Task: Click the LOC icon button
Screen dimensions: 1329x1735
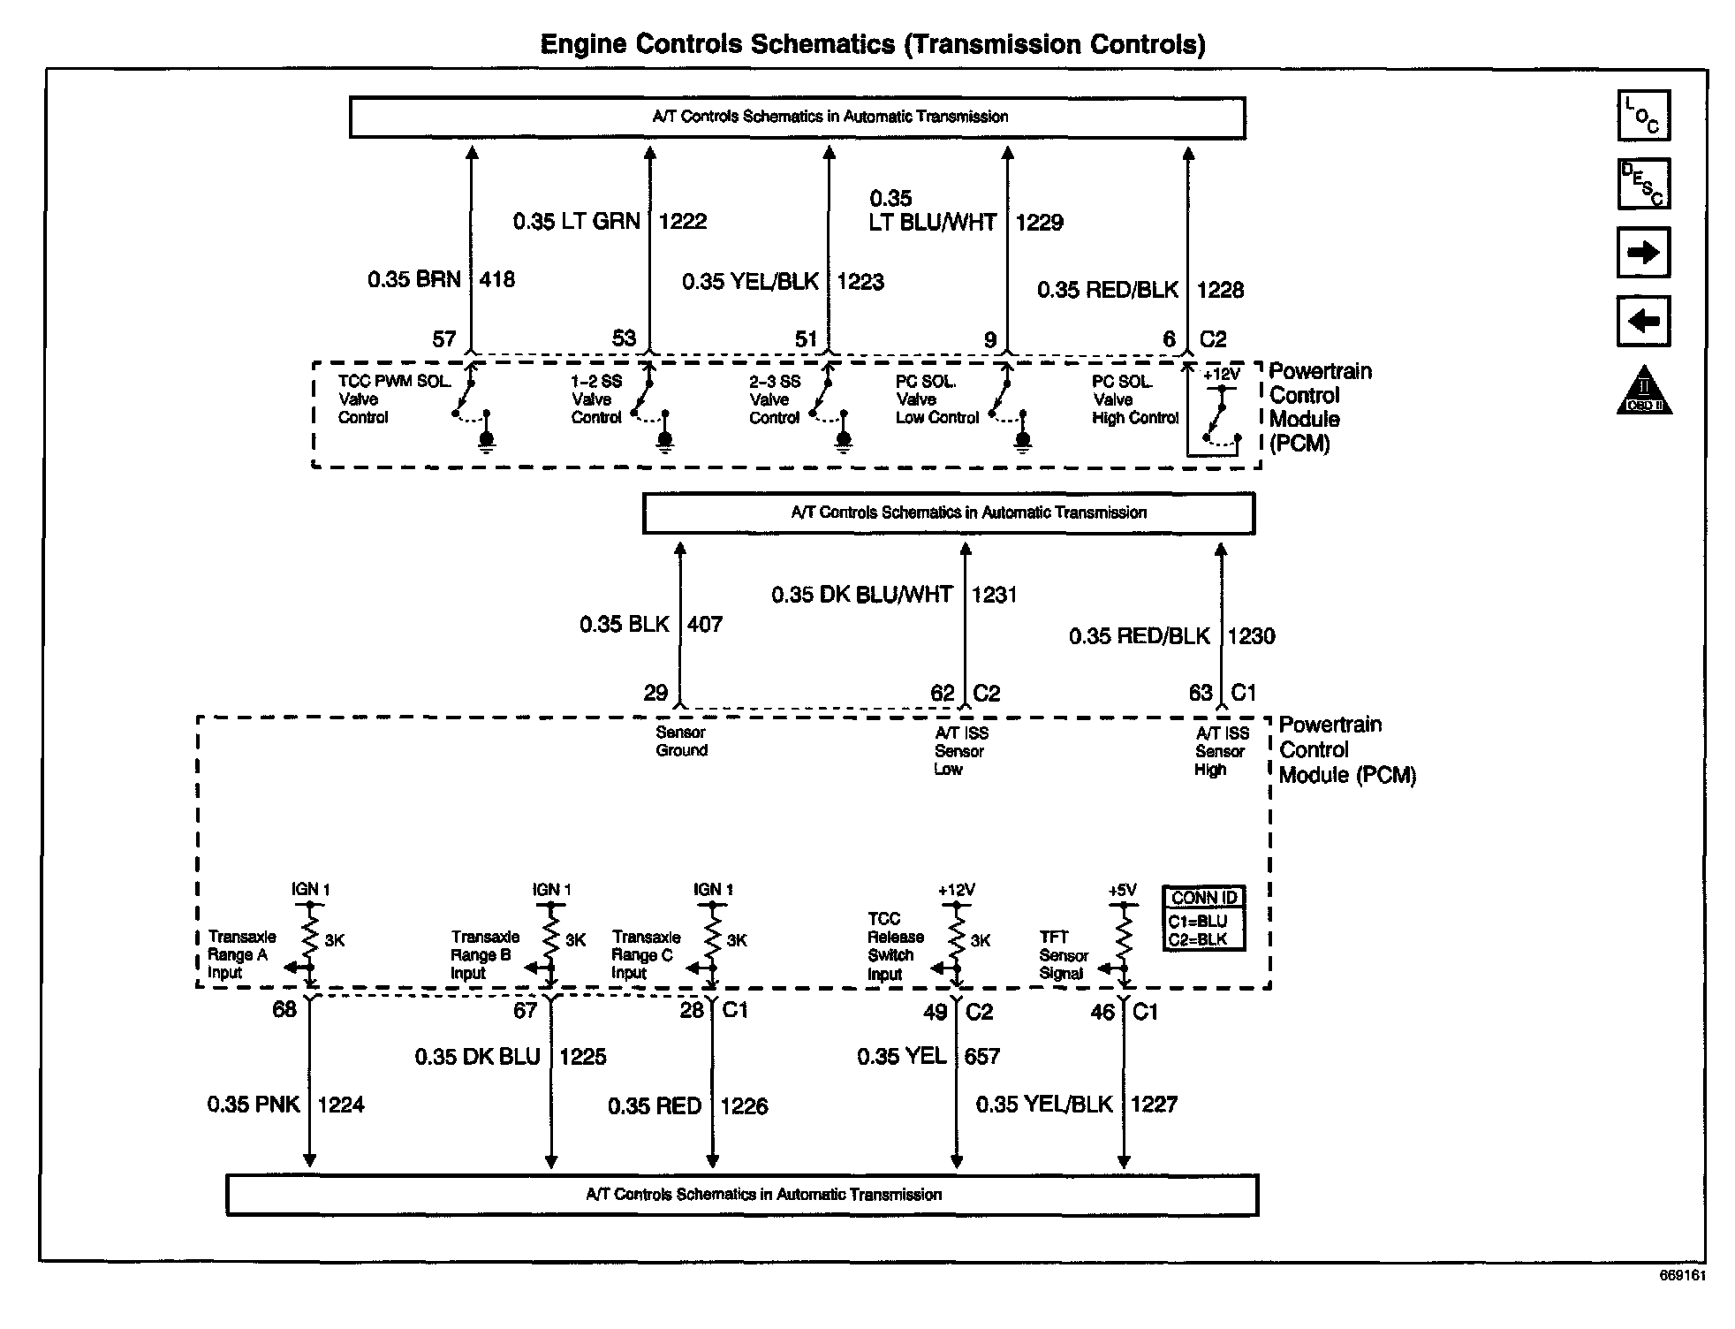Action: tap(1643, 116)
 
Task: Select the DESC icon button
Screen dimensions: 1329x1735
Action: tap(1643, 184)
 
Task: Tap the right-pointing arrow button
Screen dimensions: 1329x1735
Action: tap(1643, 253)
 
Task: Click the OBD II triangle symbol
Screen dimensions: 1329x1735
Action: tap(1644, 391)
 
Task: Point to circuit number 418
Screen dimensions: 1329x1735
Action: tap(496, 280)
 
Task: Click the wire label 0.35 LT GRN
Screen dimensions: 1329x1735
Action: tap(576, 221)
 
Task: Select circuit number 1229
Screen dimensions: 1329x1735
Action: tap(1039, 222)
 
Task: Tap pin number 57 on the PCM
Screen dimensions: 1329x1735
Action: tap(443, 339)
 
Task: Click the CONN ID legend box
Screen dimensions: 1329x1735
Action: tap(1204, 918)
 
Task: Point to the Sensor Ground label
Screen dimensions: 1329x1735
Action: tap(681, 741)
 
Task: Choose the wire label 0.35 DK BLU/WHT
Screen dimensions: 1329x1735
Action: tap(861, 595)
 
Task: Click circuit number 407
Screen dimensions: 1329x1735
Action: tap(705, 625)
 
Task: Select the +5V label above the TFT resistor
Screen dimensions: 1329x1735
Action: tap(1122, 891)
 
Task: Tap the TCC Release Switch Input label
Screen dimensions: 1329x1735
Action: tap(895, 946)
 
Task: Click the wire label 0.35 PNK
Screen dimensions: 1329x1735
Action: tap(254, 1105)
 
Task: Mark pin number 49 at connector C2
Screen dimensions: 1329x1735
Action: tap(935, 1012)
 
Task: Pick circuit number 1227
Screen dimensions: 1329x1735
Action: tap(1154, 1105)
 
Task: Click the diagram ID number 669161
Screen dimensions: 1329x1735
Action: tap(1682, 1276)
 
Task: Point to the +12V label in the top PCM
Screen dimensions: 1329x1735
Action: tap(1221, 374)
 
